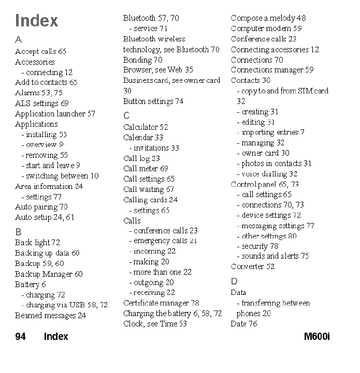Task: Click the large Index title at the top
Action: click(x=36, y=21)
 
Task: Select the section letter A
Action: click(x=18, y=39)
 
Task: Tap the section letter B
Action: click(x=18, y=232)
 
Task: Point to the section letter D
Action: click(x=234, y=281)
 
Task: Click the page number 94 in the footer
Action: click(x=20, y=336)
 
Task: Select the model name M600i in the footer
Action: click(x=316, y=336)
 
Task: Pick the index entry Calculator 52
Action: click(x=146, y=127)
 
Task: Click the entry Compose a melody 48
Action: click(x=268, y=18)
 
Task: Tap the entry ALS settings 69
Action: click(x=42, y=103)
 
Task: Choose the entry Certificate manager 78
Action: click(x=161, y=303)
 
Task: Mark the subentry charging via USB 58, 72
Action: click(x=65, y=305)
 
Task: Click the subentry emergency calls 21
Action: click(x=164, y=241)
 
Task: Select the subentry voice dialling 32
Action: click(x=267, y=174)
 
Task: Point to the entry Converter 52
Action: click(x=253, y=266)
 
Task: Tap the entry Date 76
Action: click(x=244, y=324)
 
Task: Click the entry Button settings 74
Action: click(x=153, y=101)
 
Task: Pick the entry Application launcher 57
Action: click(x=55, y=114)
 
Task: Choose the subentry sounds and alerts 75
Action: click(x=273, y=256)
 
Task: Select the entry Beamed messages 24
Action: click(x=51, y=316)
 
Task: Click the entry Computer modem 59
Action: click(x=266, y=29)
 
